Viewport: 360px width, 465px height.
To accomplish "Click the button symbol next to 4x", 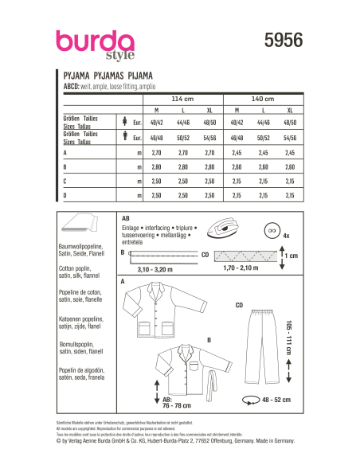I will click(x=273, y=229).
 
